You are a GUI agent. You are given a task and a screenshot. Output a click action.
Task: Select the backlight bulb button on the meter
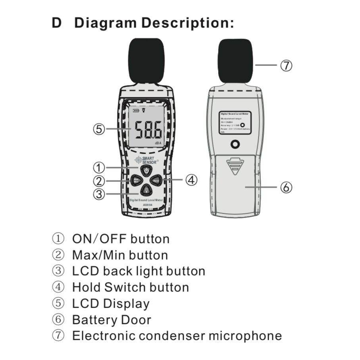click(146, 190)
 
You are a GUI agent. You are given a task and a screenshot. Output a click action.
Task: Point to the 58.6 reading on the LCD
click(147, 129)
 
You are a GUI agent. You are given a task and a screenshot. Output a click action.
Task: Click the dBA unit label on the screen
click(158, 142)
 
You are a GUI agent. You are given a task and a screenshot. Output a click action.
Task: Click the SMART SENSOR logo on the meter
click(147, 160)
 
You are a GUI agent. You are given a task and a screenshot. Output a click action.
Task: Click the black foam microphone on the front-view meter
click(146, 60)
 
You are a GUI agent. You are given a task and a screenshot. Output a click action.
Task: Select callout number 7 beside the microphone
click(287, 65)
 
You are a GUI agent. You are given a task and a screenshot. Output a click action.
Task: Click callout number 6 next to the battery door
click(287, 187)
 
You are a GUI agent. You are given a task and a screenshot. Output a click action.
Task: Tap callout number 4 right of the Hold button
click(192, 180)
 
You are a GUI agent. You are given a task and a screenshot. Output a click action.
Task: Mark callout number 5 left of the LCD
click(99, 129)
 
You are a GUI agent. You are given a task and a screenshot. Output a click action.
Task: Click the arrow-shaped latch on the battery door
click(235, 166)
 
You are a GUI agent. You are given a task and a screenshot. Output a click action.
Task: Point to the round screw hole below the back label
click(235, 144)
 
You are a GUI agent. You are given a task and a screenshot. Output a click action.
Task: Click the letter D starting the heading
click(57, 23)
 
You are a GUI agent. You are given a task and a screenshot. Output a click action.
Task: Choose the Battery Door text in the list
click(112, 320)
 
